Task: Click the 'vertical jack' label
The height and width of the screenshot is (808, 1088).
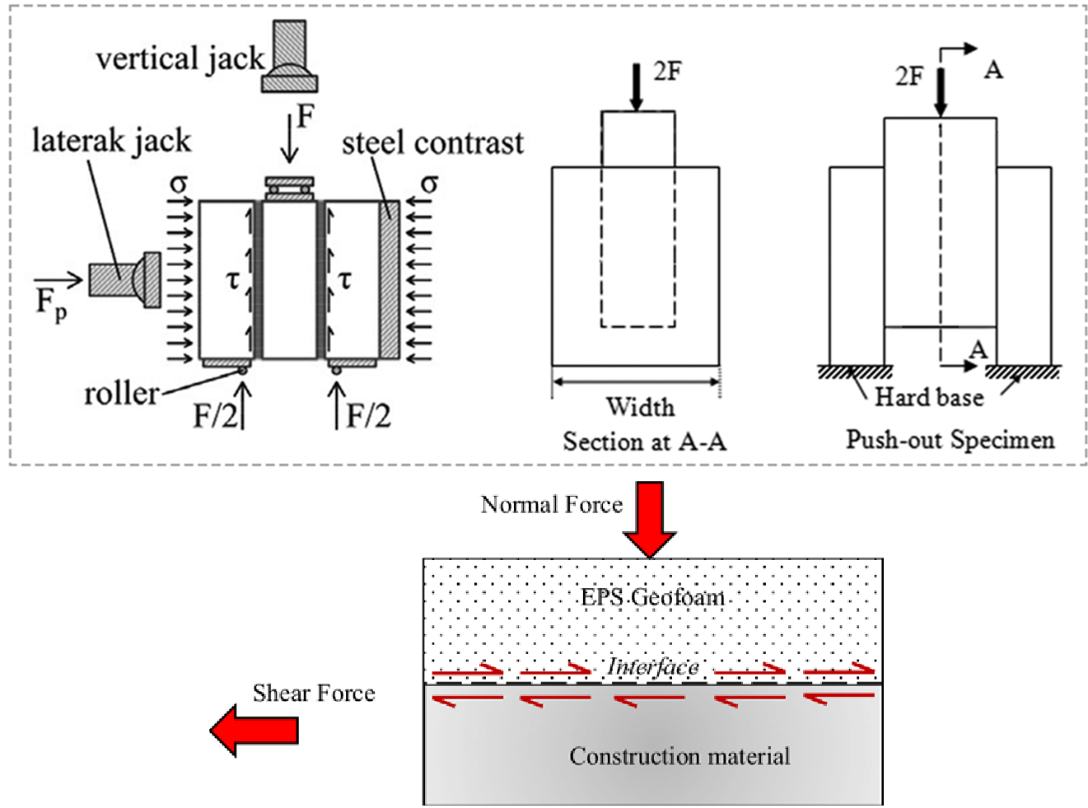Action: [180, 58]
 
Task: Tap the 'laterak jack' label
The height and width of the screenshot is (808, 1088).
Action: [111, 141]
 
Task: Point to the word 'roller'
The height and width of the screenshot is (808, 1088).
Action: [121, 394]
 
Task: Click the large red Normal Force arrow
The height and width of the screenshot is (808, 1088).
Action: [650, 519]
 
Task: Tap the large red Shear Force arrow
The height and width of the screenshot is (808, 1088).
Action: [254, 730]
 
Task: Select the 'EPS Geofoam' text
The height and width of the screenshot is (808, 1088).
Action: [652, 596]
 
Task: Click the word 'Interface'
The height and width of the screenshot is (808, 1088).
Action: [652, 666]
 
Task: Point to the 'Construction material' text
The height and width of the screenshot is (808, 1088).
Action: [679, 756]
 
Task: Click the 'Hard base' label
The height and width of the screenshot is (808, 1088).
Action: [928, 397]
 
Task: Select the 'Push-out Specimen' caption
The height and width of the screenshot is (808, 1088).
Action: [950, 439]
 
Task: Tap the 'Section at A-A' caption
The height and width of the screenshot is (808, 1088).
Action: [644, 441]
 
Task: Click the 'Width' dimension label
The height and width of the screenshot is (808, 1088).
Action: [640, 407]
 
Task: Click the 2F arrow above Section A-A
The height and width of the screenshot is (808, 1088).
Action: [636, 87]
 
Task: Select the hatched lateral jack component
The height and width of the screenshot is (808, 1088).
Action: [124, 279]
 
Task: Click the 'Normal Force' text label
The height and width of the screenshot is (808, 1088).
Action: [551, 504]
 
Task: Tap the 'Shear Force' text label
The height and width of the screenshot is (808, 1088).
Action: [313, 693]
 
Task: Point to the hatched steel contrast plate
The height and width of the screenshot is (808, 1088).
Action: [389, 279]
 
